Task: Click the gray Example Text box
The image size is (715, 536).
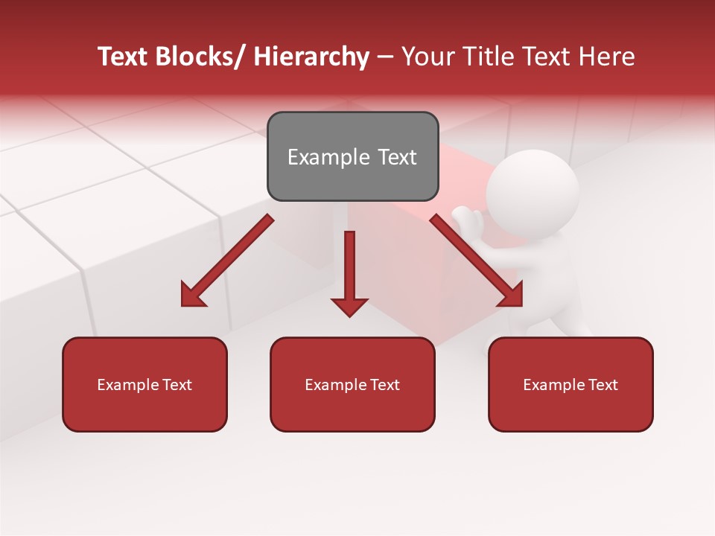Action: pos(352,156)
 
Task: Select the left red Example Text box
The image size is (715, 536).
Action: pos(144,384)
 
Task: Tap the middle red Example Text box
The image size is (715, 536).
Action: pos(352,384)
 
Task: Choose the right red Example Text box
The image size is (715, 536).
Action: pos(571,384)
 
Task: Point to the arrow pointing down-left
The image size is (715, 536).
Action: pos(227,261)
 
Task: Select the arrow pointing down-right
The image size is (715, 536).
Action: pos(477,261)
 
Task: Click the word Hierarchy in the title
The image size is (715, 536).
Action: pos(311,57)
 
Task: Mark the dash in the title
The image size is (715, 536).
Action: pos(385,57)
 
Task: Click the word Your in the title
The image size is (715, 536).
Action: pos(427,57)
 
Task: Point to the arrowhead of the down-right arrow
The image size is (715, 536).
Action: pos(511,295)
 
